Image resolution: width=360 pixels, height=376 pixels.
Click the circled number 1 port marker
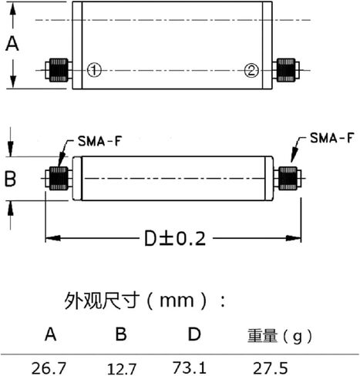pos(94,69)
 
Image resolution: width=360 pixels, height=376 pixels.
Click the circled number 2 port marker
pos(251,70)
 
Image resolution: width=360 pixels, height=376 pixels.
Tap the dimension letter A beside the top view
pos(12,44)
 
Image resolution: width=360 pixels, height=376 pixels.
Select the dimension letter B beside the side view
pos(11,179)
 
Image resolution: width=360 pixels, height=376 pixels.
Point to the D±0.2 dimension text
pos(175,239)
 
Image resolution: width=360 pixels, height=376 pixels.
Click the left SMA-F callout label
pos(99,141)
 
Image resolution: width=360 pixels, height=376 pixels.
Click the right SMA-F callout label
pos(332,138)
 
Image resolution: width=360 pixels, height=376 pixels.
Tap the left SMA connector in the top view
pos(59,70)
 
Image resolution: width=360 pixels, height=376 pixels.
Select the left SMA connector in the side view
pos(59,179)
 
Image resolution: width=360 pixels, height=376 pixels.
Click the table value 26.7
pos(49,368)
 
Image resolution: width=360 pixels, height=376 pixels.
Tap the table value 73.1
pos(190,368)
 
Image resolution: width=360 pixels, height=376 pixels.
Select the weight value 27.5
pos(271,368)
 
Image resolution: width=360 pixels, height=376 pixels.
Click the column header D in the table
pos(194,334)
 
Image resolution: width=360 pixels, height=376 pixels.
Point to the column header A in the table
pos(50,334)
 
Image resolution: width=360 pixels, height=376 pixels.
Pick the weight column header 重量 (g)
pos(280,336)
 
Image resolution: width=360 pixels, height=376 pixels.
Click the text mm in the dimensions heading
pos(177,300)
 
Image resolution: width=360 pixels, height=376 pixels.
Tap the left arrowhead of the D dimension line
pos(53,238)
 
